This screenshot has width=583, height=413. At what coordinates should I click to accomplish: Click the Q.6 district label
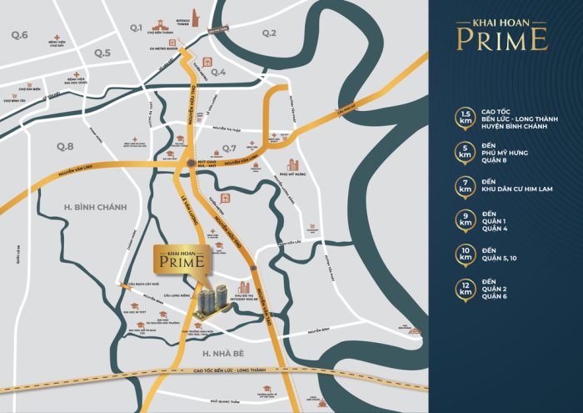[19, 35]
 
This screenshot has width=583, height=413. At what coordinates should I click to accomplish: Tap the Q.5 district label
[102, 53]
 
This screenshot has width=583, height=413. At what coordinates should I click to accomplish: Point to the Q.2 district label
[268, 33]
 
